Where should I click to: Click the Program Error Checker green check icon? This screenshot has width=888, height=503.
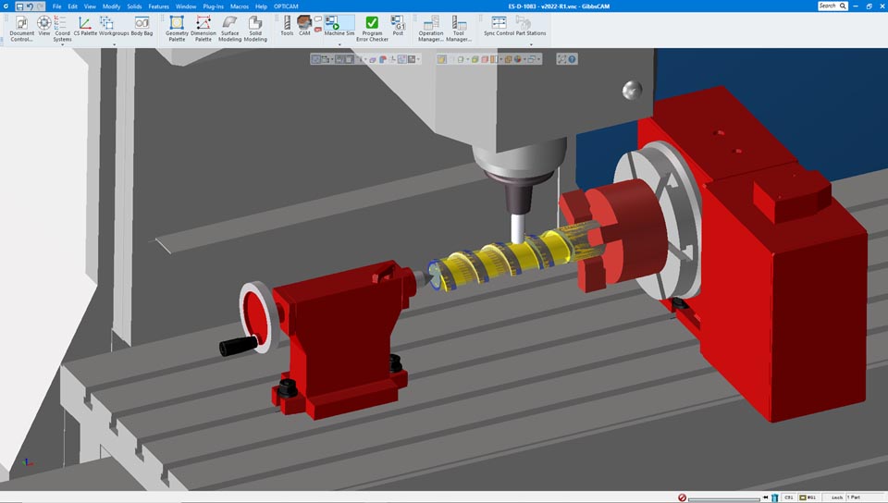point(372,22)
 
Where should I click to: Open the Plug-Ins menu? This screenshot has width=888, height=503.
point(213,6)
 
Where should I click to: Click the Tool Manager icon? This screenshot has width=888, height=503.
point(459,23)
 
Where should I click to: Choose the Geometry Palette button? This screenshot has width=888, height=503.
point(177,23)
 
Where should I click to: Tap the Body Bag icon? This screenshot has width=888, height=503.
point(142,22)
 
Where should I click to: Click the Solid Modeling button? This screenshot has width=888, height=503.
point(255,23)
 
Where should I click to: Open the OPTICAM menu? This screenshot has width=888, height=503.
point(285,6)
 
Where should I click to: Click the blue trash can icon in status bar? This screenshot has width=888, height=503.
point(774,497)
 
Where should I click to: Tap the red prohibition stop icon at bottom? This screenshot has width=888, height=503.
point(682,497)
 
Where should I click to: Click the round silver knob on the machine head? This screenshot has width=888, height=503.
point(632,90)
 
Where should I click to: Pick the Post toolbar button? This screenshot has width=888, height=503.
point(398,23)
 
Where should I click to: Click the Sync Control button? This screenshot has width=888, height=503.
point(499,23)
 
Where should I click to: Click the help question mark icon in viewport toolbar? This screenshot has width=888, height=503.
point(572,59)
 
